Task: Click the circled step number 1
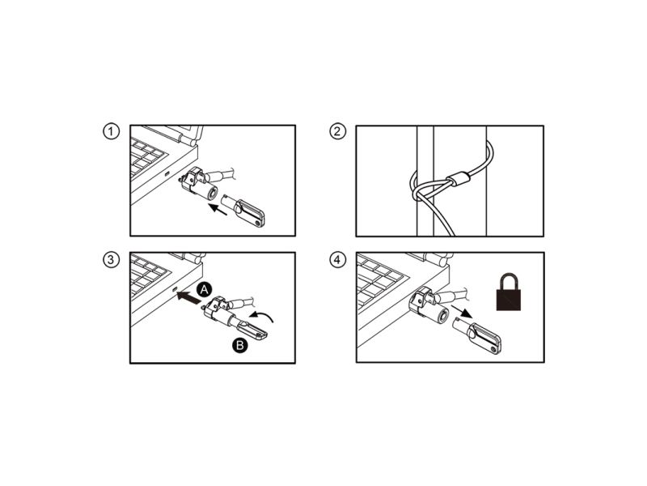tap(111, 131)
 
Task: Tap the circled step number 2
tap(337, 131)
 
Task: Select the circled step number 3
tap(111, 259)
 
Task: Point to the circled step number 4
tap(337, 259)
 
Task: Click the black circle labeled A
tap(205, 290)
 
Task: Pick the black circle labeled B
tap(239, 345)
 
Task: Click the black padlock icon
tap(508, 292)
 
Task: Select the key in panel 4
tap(478, 336)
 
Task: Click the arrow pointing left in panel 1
tap(218, 210)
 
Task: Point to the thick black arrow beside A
tap(188, 298)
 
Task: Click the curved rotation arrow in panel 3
tap(262, 316)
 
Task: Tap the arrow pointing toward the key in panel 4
tap(462, 311)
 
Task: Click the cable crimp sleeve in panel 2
tap(459, 180)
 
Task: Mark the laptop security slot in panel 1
tap(167, 173)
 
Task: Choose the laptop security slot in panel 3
tap(174, 288)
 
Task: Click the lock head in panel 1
tap(198, 184)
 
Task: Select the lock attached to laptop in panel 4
tap(429, 305)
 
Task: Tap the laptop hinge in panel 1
tap(188, 139)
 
